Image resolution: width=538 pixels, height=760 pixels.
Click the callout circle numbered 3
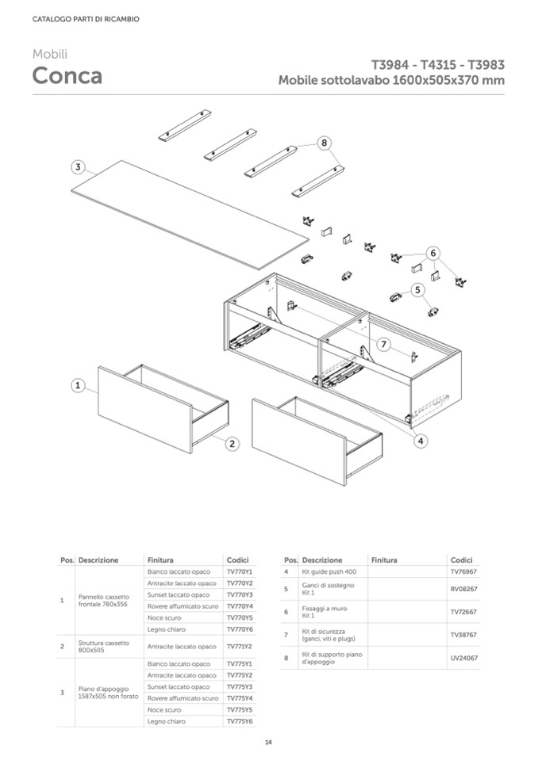(78, 167)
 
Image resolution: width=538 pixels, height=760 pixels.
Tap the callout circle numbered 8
(324, 143)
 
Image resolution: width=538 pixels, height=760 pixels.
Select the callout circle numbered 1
(78, 385)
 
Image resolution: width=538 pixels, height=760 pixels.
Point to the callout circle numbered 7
(382, 345)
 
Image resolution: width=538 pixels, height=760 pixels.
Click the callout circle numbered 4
(420, 441)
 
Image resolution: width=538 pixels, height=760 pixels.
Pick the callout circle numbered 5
(417, 291)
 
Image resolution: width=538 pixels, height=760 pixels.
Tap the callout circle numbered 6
(432, 254)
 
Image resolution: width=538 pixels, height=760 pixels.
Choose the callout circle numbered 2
(232, 444)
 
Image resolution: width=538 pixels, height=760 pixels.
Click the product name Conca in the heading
(67, 76)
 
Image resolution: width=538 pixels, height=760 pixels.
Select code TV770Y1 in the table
(239, 571)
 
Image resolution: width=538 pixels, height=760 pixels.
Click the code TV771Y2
(239, 646)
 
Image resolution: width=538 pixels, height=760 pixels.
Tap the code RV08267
(463, 590)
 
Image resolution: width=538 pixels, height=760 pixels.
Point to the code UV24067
(463, 658)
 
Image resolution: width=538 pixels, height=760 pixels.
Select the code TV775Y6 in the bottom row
(239, 721)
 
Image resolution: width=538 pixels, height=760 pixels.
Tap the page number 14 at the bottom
(268, 743)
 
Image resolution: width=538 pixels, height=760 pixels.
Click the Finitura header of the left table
(160, 559)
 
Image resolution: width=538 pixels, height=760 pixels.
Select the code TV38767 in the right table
(463, 635)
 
